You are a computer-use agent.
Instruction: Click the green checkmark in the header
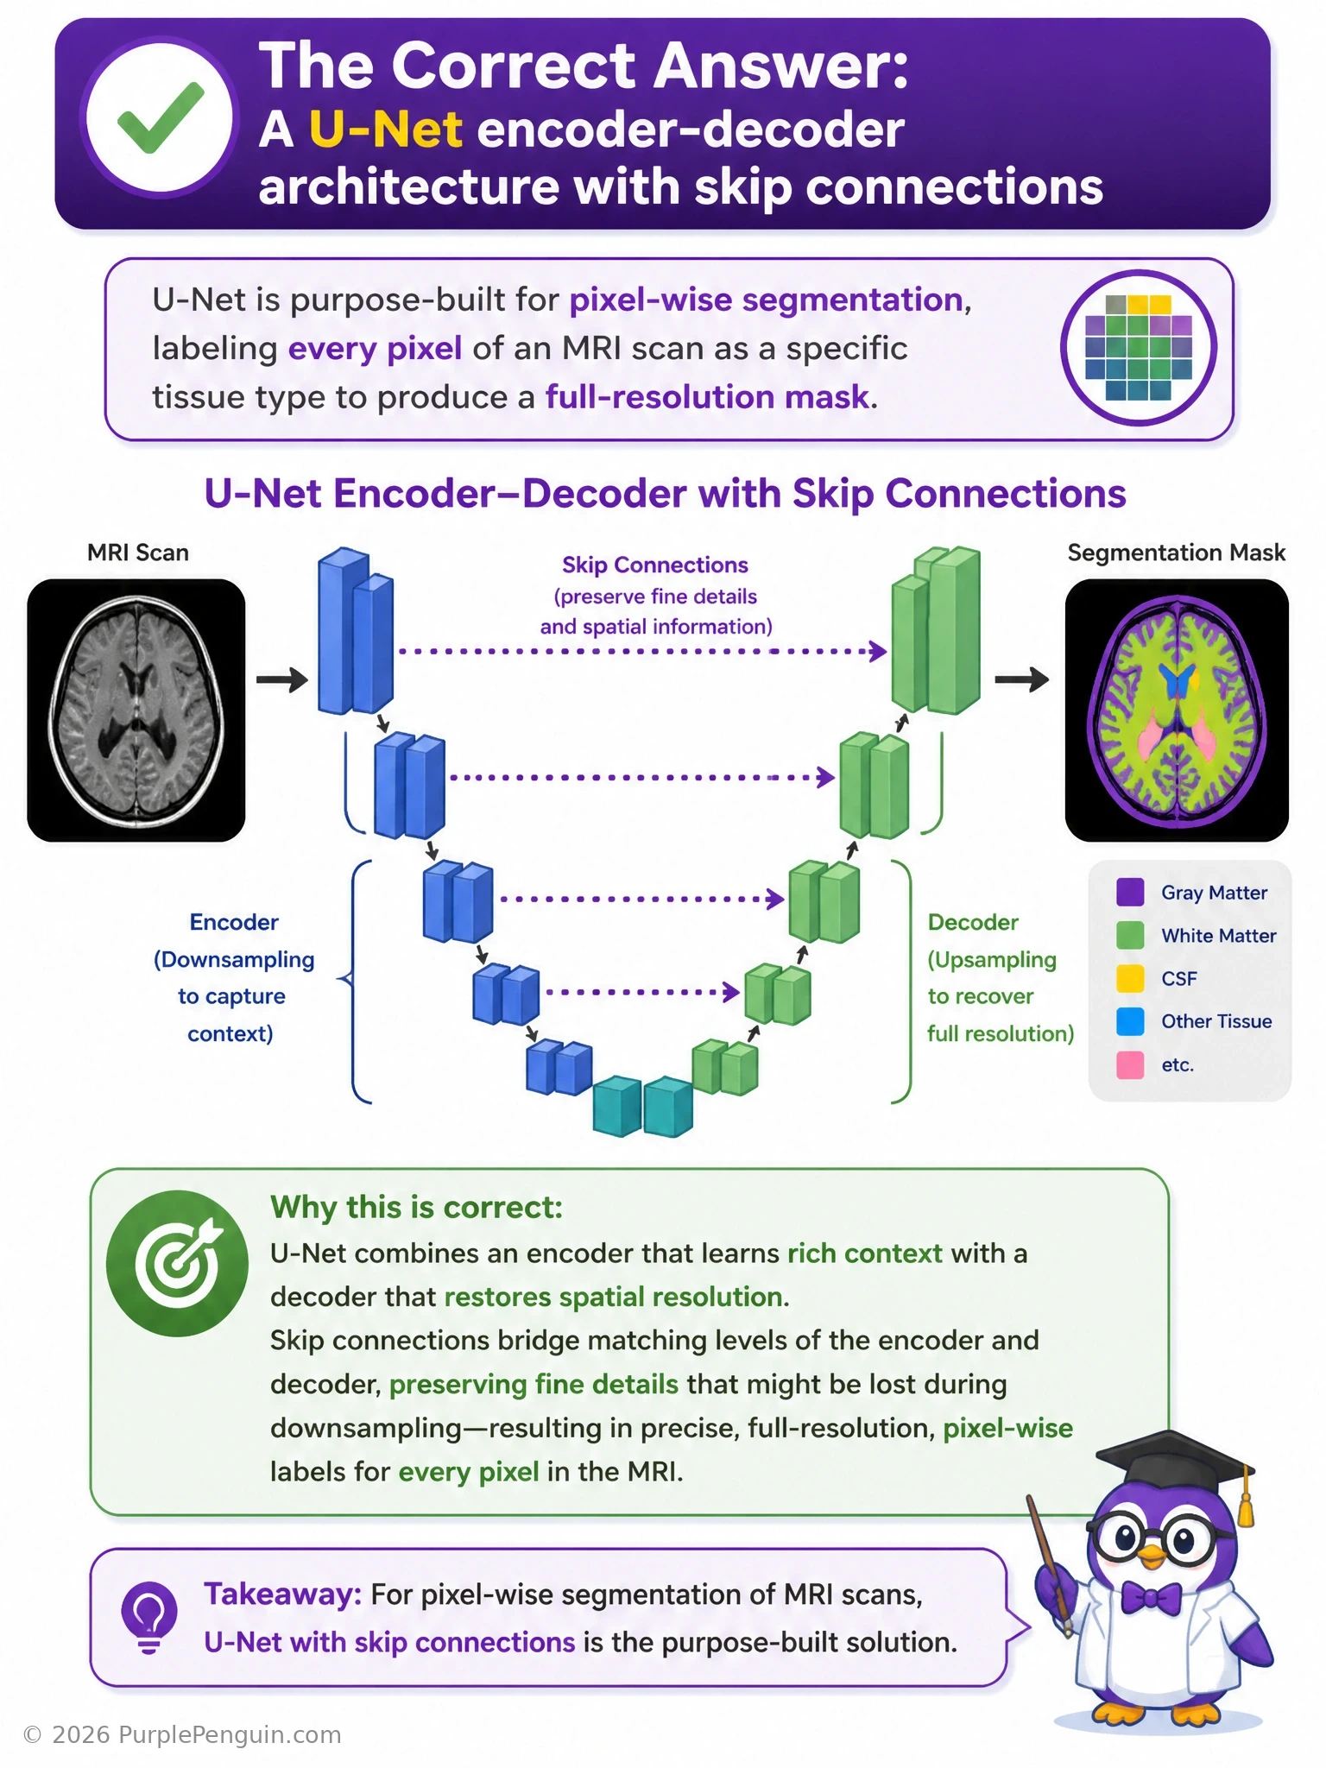pos(161,117)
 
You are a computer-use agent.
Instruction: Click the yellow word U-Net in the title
pos(386,129)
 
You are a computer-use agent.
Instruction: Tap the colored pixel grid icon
pos(1138,347)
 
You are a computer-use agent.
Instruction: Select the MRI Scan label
pos(138,552)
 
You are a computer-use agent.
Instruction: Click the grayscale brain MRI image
pos(136,710)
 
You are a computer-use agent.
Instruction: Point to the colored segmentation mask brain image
pos(1177,710)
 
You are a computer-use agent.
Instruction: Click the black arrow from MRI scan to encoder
pos(282,679)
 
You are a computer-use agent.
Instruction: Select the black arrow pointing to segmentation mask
pos(1022,679)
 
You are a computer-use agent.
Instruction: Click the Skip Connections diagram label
pos(655,565)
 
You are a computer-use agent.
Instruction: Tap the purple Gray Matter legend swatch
pos(1130,892)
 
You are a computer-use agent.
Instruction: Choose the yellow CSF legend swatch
pos(1130,978)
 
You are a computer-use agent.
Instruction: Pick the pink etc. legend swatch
pos(1130,1064)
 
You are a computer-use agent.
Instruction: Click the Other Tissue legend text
pos(1216,1021)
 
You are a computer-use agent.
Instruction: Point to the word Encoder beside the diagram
pos(234,922)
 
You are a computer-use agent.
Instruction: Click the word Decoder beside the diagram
pos(973,922)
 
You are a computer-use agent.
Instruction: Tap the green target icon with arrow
pos(177,1263)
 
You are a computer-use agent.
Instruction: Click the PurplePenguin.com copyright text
pos(182,1734)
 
